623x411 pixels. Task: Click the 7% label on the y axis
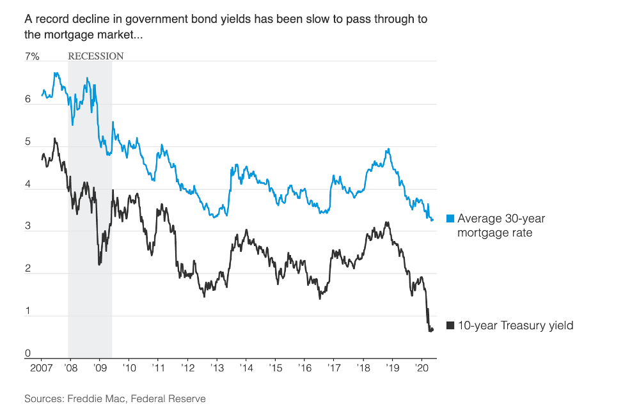coord(32,57)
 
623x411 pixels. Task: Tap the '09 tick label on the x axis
coord(100,369)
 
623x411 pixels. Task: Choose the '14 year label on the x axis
coord(246,369)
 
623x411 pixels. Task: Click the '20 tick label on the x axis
coord(422,369)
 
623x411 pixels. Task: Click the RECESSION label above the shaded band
coord(96,56)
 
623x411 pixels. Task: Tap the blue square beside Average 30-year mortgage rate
coord(450,219)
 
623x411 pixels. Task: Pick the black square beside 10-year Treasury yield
coord(450,325)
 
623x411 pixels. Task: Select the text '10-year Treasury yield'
coord(516,325)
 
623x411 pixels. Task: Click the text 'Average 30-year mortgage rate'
coord(501,225)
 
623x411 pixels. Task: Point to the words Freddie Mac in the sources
coord(93,399)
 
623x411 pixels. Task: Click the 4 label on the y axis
coord(28,185)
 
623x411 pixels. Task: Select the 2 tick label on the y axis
coord(28,269)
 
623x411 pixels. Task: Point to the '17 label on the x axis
coord(334,369)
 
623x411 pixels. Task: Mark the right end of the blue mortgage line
coord(433,220)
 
